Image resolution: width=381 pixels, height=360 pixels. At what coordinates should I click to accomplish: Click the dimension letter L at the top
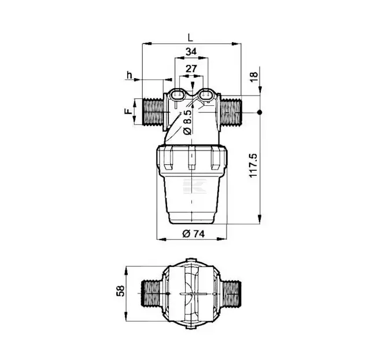click(190, 38)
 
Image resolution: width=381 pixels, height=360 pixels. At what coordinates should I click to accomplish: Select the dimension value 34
click(191, 52)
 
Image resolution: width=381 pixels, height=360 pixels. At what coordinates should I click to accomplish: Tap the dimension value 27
click(191, 69)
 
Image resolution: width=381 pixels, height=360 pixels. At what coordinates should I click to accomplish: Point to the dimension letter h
click(130, 75)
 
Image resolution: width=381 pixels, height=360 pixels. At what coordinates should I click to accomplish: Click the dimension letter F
click(128, 111)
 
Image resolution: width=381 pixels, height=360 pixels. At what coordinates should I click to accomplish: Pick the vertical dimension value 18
click(253, 77)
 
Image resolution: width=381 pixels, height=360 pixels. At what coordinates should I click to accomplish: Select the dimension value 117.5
click(253, 166)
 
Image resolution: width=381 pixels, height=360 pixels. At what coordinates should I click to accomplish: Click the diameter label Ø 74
click(194, 234)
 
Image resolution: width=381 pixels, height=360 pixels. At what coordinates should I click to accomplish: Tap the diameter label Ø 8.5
click(188, 122)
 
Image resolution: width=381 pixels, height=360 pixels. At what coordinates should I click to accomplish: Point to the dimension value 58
click(120, 291)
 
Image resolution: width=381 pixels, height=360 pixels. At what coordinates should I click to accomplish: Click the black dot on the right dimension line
click(260, 112)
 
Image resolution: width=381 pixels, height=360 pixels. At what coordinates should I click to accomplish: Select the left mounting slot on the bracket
click(177, 94)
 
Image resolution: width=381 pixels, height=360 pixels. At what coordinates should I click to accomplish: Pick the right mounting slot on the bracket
click(206, 94)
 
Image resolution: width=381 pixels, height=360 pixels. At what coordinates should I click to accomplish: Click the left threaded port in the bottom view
click(151, 293)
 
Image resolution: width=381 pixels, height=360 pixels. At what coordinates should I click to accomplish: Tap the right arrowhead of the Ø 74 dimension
click(221, 239)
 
